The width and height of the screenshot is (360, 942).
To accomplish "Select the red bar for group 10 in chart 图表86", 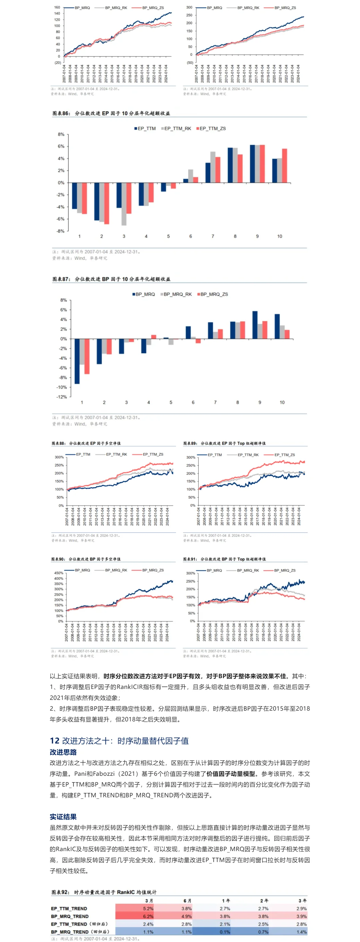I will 284,166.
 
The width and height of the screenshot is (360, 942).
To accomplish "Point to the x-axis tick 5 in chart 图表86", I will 168,236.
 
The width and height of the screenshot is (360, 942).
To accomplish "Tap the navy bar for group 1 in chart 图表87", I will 77,361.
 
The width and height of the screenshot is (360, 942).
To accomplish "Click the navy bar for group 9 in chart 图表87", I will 255,325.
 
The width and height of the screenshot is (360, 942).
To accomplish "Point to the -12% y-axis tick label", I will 61,397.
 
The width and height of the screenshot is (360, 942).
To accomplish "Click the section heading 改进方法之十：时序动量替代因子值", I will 119,740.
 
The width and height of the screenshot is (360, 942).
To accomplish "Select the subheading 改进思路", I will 63,752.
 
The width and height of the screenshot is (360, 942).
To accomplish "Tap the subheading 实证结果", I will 63,816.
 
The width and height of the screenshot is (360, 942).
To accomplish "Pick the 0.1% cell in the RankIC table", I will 225,931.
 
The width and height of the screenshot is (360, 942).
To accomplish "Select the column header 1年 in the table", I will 226,900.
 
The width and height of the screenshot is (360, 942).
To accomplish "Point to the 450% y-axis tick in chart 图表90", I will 59,573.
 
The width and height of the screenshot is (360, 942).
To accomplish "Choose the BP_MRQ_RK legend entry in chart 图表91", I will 248,571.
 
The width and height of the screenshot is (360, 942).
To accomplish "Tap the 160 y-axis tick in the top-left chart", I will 57,7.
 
